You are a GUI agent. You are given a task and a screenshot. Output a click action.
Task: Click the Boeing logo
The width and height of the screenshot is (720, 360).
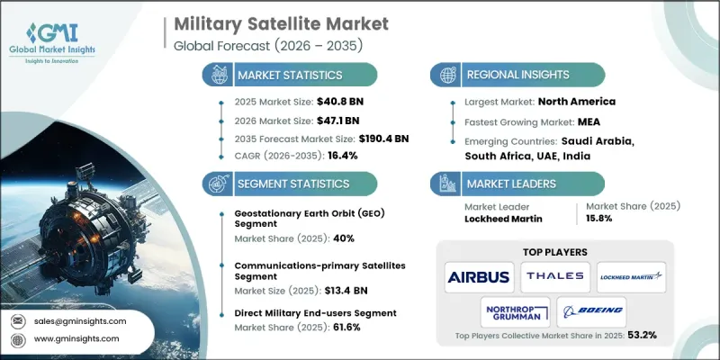tap(591, 313)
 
